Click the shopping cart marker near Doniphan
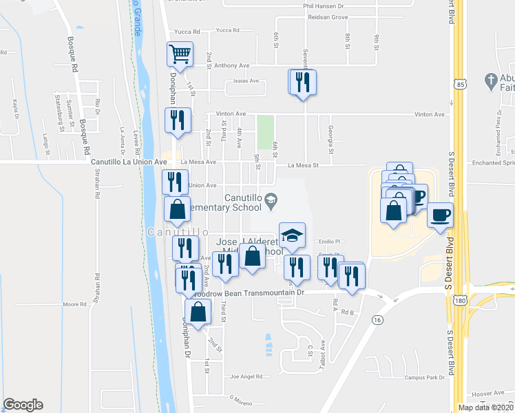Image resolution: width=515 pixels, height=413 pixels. point(180,53)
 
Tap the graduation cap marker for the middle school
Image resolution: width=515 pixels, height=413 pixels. point(292,235)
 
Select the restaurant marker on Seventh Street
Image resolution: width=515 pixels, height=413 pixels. point(302,83)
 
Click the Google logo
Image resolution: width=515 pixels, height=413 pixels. point(23,405)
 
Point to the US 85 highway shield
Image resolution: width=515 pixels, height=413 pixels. point(459,84)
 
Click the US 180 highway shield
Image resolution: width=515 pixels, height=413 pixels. point(458,301)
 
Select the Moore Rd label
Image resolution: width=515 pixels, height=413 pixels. point(73,304)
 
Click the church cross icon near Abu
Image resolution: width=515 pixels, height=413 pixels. point(490,81)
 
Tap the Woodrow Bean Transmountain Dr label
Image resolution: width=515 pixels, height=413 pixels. point(249,293)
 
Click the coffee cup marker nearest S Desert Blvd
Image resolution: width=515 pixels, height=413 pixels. point(440,215)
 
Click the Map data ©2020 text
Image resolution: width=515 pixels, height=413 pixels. point(486,407)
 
